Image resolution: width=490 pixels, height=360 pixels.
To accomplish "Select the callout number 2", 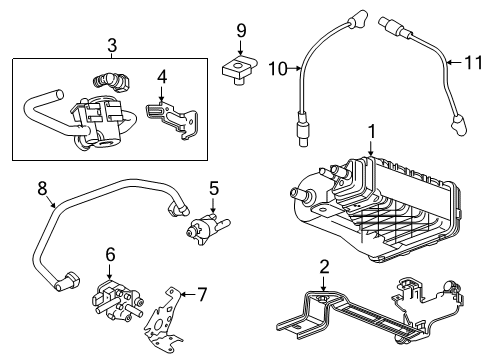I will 324,266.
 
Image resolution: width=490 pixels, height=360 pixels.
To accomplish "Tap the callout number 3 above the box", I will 112,44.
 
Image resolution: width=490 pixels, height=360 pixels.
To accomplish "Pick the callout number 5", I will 213,187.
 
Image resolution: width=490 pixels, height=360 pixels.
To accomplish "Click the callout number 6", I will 111,257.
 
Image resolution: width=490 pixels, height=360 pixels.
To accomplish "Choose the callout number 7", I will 201,295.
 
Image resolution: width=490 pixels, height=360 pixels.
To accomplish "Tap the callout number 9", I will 241,31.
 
